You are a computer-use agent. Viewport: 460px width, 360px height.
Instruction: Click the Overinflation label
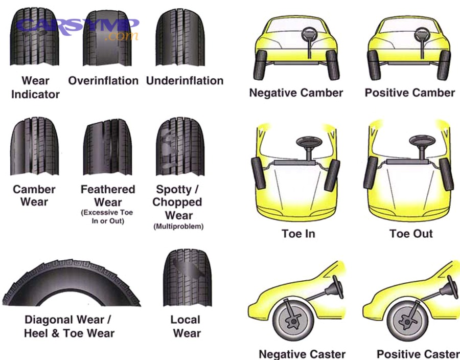(x=103, y=81)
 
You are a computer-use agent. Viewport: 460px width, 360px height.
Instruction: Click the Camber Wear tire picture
(x=34, y=146)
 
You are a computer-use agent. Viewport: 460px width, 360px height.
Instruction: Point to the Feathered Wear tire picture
(x=107, y=146)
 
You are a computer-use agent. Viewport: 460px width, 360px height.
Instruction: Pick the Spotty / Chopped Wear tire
(x=180, y=146)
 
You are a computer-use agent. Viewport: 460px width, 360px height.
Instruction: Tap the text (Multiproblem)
(x=178, y=227)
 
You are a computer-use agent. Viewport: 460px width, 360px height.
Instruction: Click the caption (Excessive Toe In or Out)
(x=107, y=217)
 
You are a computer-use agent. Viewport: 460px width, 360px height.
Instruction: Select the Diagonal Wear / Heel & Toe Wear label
(x=69, y=326)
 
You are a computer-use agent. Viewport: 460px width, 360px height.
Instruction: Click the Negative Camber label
(x=296, y=93)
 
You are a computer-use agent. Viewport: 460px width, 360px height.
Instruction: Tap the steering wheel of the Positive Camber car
(x=422, y=35)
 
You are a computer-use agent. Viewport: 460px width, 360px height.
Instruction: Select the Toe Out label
(x=411, y=234)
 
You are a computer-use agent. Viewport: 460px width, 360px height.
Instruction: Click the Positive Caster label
(x=418, y=354)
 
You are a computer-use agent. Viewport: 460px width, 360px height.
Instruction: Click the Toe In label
(x=298, y=234)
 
